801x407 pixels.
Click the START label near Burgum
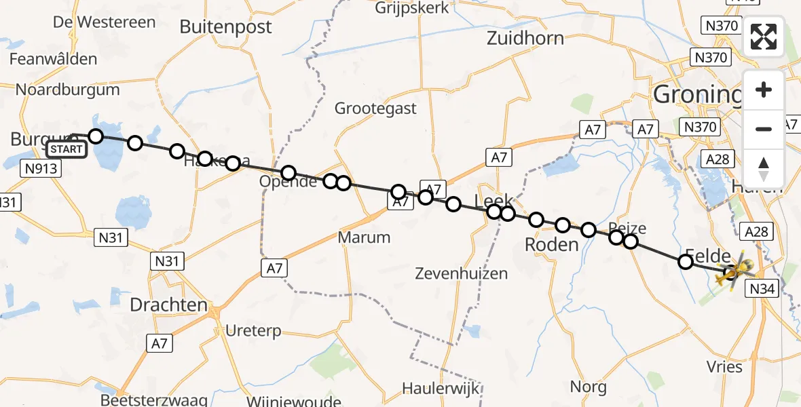pyautogui.click(x=67, y=149)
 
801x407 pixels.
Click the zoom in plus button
pyautogui.click(x=764, y=90)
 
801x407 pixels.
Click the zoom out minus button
pyautogui.click(x=764, y=129)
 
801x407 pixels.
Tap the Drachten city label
pyautogui.click(x=168, y=305)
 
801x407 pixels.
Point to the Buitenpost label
pyautogui.click(x=225, y=27)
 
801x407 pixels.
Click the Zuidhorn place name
pyautogui.click(x=525, y=39)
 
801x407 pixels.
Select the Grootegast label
pyautogui.click(x=376, y=109)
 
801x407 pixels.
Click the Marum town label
pyautogui.click(x=365, y=238)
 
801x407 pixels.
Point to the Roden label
pyautogui.click(x=552, y=245)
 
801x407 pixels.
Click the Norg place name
pyautogui.click(x=589, y=387)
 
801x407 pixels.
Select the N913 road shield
pyautogui.click(x=41, y=168)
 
